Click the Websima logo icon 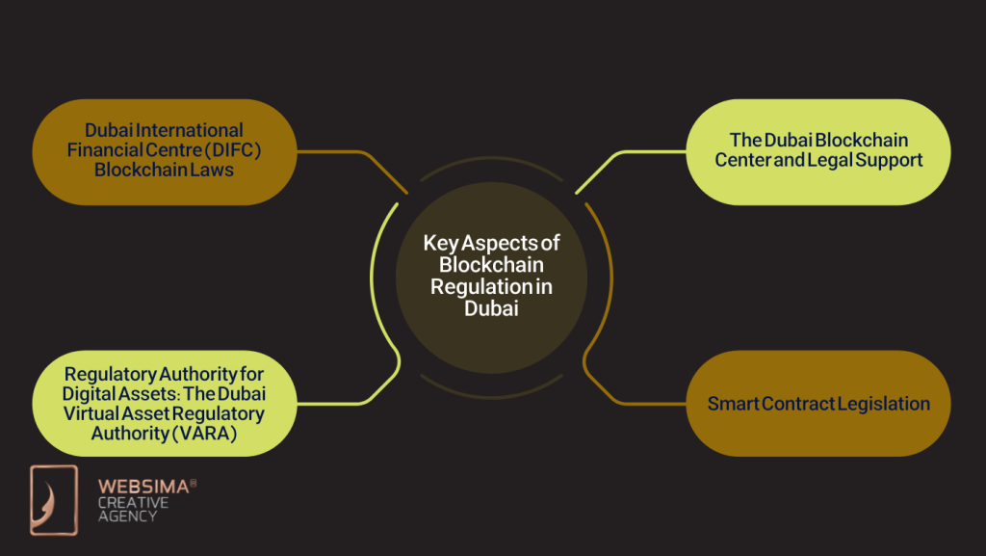(53, 499)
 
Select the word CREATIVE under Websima (133, 503)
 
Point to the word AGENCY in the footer (127, 516)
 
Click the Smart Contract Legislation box (818, 404)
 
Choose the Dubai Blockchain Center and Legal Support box (818, 151)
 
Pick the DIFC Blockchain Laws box (164, 151)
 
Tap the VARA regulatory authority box (164, 404)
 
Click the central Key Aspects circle (491, 277)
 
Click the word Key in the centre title (440, 244)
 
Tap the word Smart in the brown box (730, 404)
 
